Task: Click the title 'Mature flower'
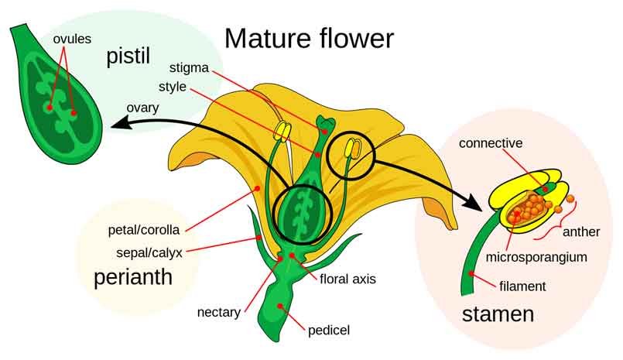coord(309,38)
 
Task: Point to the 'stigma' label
coord(188,68)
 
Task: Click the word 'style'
coord(172,87)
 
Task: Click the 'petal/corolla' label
coord(144,230)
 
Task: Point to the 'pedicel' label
coord(329,331)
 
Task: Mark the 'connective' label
coord(490,143)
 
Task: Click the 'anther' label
coord(581,231)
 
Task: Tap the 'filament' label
coord(522,286)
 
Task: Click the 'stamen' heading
coord(498,315)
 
